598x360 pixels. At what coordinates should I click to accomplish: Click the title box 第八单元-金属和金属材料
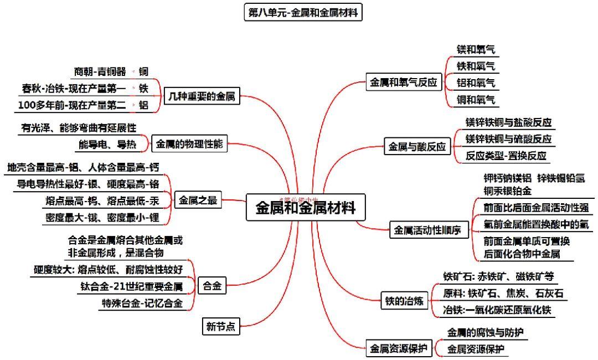pyautogui.click(x=303, y=12)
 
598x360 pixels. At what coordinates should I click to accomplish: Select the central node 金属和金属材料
pyautogui.click(x=306, y=208)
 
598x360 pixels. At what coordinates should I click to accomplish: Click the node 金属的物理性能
pyautogui.click(x=189, y=145)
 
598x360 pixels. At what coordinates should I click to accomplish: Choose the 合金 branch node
pyautogui.click(x=212, y=286)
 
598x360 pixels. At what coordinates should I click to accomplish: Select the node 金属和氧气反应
pyautogui.click(x=403, y=83)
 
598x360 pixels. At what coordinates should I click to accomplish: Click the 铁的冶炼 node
pyautogui.click(x=404, y=301)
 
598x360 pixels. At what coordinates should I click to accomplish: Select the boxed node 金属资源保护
pyautogui.click(x=399, y=348)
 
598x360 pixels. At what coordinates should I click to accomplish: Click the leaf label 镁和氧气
pyautogui.click(x=476, y=49)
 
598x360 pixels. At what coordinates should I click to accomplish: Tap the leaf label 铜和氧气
pyautogui.click(x=476, y=100)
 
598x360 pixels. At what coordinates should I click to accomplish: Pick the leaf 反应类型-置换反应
pyautogui.click(x=506, y=156)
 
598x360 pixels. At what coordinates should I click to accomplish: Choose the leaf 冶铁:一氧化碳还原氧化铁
pyautogui.click(x=497, y=310)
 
